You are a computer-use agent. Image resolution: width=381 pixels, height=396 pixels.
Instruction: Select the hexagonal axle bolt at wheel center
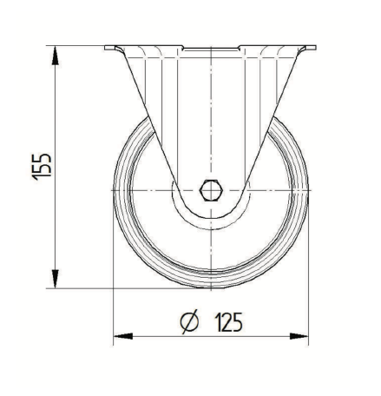211,188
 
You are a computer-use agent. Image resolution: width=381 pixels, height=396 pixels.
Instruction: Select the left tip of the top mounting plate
105,47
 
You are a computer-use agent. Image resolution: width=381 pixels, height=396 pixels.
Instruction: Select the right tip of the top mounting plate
316,47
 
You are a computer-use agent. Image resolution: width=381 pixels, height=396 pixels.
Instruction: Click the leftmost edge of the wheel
114,188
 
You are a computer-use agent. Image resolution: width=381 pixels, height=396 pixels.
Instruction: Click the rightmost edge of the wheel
310,188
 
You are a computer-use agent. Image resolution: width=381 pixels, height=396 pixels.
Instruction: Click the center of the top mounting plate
211,48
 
